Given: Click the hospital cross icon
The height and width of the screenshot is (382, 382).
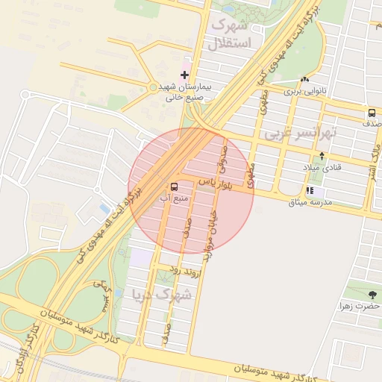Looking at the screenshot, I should (x=185, y=75).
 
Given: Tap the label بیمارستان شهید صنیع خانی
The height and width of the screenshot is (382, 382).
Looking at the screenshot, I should (x=184, y=91).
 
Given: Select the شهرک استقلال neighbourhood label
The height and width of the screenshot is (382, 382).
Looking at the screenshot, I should (x=234, y=34).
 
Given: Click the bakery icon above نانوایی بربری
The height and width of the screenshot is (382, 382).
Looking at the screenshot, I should (x=304, y=80).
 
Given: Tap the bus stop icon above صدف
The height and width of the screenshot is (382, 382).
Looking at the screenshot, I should (x=371, y=113).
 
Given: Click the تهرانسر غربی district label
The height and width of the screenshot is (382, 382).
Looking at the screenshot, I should (x=301, y=134).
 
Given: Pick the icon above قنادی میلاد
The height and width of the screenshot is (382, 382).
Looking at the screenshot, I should (x=322, y=156).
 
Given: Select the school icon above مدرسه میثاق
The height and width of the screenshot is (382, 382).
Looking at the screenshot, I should (x=309, y=191).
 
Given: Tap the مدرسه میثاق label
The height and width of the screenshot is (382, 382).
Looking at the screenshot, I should (x=310, y=203).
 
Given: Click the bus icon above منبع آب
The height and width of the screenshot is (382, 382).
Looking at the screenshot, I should (x=174, y=187).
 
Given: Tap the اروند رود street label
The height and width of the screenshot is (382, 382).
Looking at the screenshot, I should (x=186, y=270).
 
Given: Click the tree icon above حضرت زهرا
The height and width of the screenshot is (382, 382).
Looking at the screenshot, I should (x=372, y=295).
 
